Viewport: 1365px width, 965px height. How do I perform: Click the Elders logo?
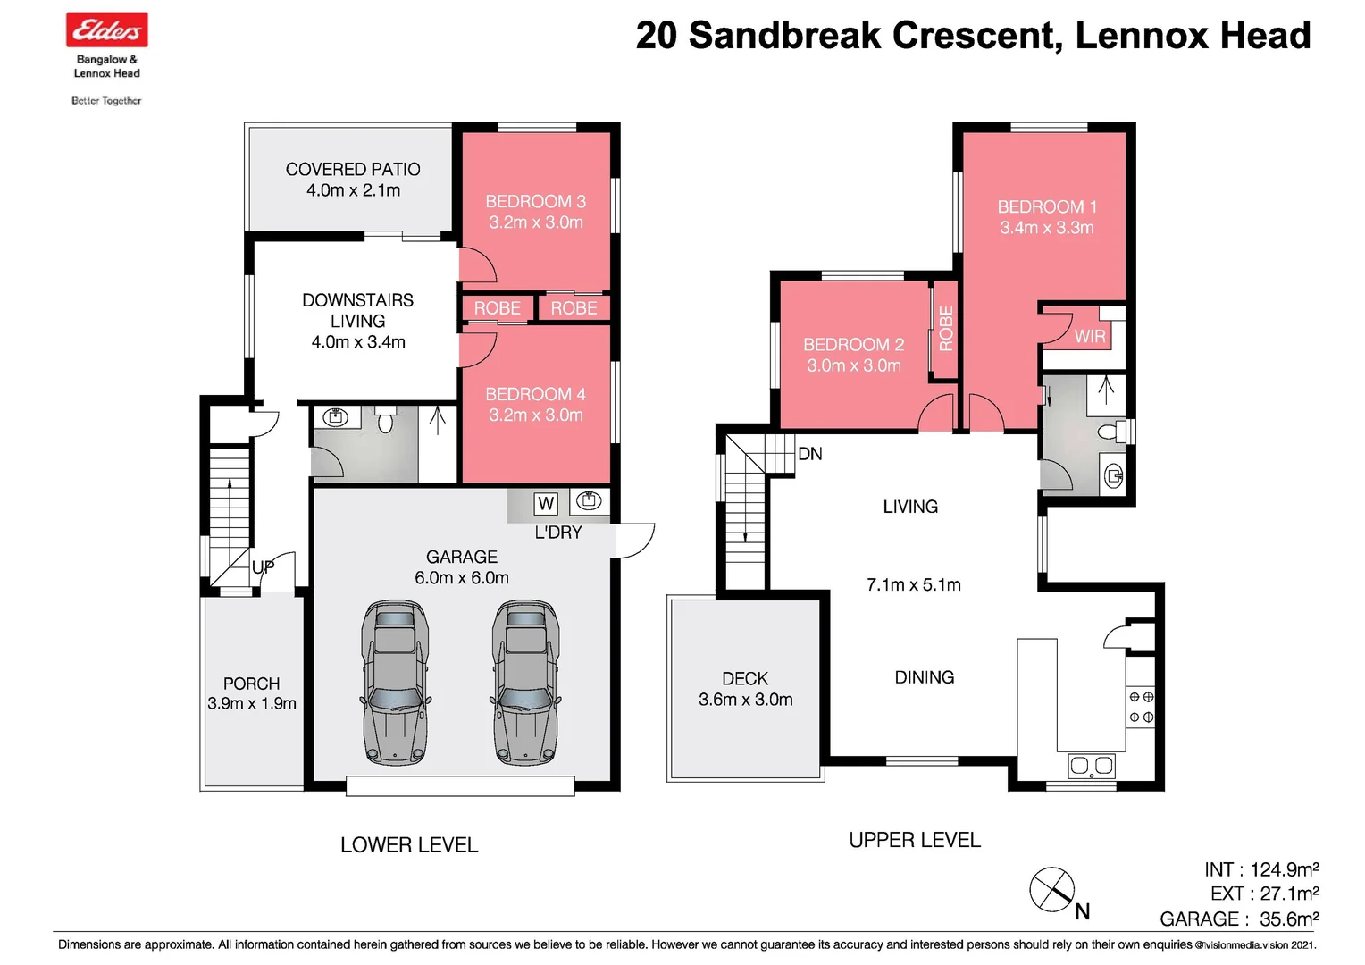[x=106, y=30]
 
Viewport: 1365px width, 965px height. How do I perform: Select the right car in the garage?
[x=526, y=683]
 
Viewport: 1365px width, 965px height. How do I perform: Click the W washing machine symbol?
[x=546, y=503]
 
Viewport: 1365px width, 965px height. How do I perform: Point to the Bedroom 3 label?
[x=535, y=202]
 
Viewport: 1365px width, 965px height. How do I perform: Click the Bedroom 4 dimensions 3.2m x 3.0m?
[x=535, y=415]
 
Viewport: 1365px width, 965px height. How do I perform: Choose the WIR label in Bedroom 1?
[x=1089, y=337]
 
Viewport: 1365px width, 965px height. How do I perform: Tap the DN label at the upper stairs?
[x=809, y=454]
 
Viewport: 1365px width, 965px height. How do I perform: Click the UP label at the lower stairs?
[x=263, y=567]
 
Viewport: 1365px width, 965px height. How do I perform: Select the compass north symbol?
[x=1052, y=890]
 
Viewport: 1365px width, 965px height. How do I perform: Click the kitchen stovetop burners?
[x=1141, y=707]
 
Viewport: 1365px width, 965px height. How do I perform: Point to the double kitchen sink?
[x=1091, y=766]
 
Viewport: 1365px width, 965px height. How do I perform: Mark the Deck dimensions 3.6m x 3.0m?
[x=745, y=701]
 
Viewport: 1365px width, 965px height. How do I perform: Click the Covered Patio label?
[x=353, y=169]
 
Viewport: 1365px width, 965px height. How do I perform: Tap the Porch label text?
[x=251, y=684]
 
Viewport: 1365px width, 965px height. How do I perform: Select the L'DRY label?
[x=558, y=533]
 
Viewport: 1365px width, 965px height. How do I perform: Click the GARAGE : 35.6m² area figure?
[x=1239, y=919]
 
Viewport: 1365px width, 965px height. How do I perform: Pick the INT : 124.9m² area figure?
[x=1261, y=869]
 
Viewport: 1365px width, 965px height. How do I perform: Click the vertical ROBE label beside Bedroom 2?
[x=945, y=328]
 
